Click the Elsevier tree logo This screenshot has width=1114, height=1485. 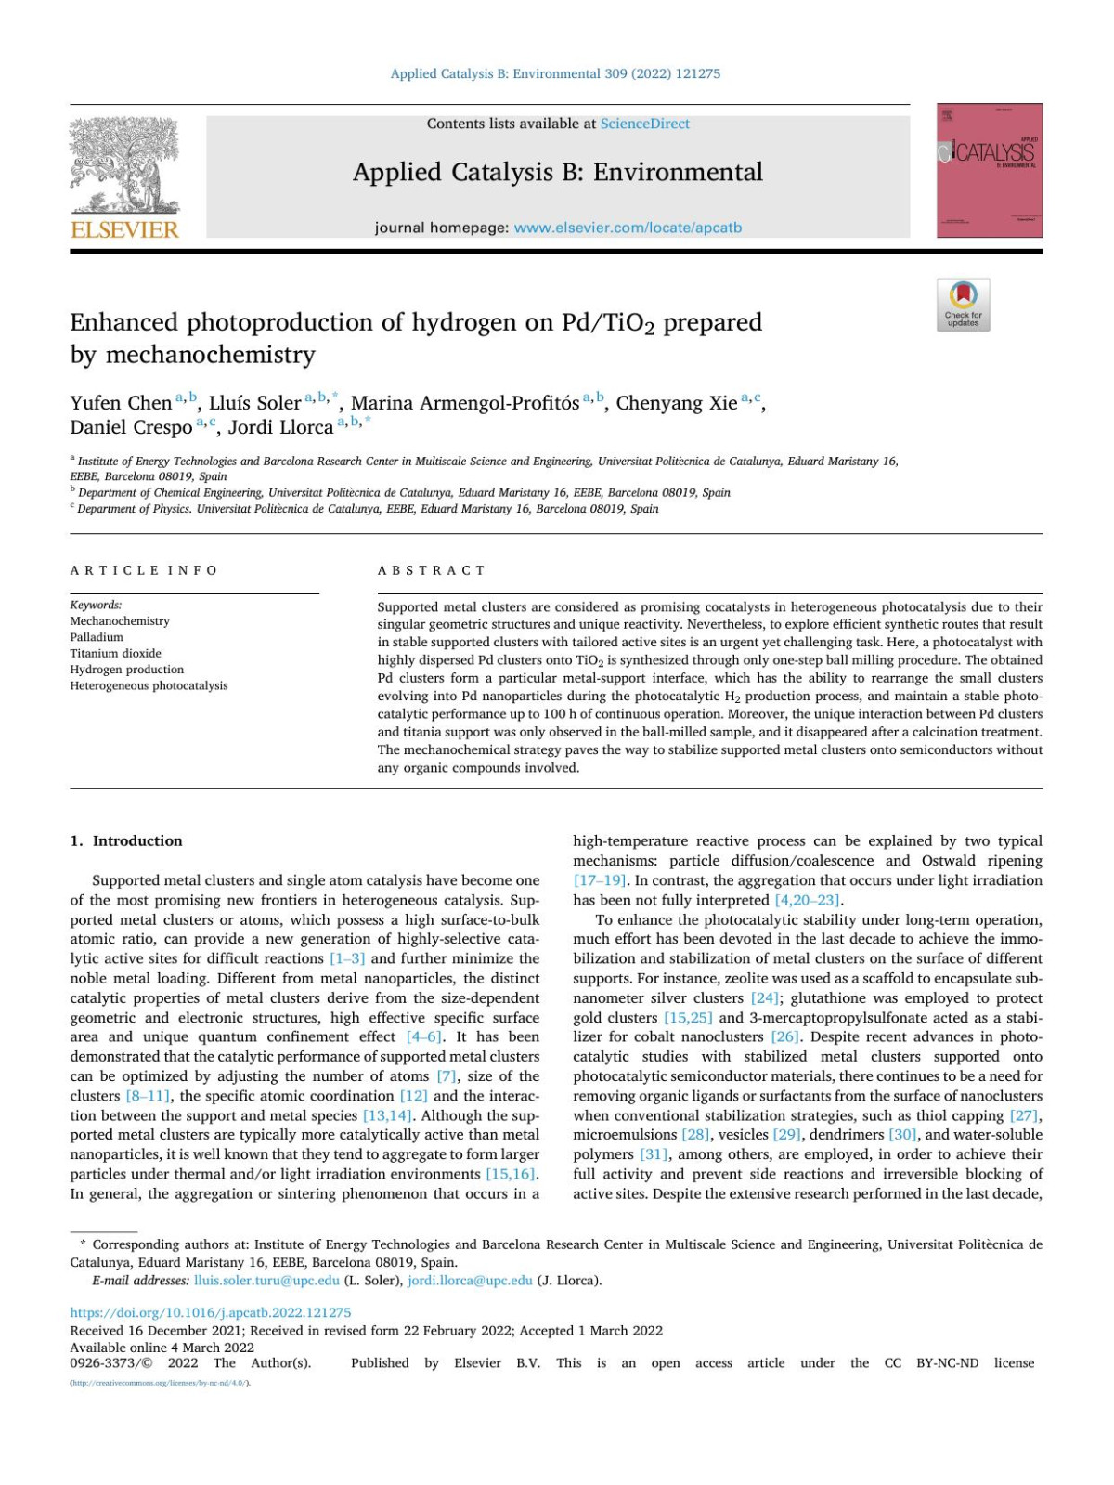click(124, 165)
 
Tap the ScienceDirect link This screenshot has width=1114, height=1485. click(644, 124)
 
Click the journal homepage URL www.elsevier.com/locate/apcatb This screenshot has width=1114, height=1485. click(628, 228)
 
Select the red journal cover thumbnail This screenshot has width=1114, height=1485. click(990, 171)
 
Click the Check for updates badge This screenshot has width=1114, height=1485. click(963, 305)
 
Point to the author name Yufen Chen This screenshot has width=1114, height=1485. click(121, 403)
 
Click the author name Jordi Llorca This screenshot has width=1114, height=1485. click(280, 427)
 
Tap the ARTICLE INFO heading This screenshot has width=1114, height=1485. click(144, 570)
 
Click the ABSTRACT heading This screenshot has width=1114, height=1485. click(432, 570)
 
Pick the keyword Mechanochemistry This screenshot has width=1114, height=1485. click(120, 620)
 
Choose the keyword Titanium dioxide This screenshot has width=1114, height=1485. click(115, 653)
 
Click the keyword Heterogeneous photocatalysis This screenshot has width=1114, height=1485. click(149, 685)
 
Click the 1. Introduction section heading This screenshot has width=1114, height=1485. click(126, 840)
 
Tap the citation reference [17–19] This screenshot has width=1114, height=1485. click(600, 879)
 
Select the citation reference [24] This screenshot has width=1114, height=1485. click(765, 997)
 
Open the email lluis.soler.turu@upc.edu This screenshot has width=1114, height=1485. click(266, 1280)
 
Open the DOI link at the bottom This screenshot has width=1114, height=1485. click(211, 1312)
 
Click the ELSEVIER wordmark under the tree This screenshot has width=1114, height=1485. click(124, 229)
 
